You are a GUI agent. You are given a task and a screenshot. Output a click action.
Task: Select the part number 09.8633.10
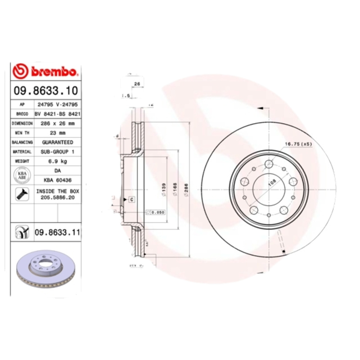[45, 90]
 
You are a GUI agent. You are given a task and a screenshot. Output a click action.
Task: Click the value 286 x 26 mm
[57, 123]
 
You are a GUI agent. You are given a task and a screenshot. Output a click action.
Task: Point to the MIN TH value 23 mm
[57, 133]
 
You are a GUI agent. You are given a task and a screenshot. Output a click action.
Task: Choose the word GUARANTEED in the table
[57, 142]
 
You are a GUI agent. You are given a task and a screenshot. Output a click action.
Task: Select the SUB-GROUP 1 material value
[57, 152]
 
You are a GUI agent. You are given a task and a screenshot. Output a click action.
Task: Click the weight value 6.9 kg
[57, 161]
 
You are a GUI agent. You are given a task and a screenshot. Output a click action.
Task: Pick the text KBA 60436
[57, 180]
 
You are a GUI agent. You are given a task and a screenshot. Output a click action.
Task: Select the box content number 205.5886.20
[57, 198]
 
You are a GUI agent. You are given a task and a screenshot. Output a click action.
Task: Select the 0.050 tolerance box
[157, 212]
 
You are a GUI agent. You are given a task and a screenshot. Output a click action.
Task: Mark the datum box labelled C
[132, 199]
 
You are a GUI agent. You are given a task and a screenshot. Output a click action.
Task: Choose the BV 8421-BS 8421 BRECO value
[57, 114]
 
